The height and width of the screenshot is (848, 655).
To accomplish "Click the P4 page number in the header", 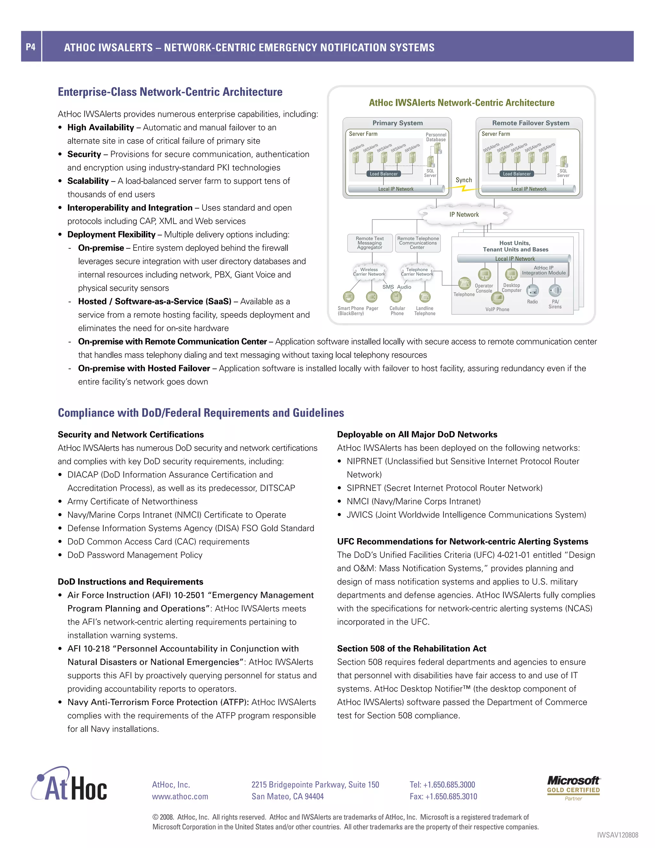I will (31, 47).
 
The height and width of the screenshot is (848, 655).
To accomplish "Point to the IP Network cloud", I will (464, 214).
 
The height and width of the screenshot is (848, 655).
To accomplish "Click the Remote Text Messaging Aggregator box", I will (370, 243).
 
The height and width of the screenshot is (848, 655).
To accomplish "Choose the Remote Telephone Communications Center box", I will (418, 243).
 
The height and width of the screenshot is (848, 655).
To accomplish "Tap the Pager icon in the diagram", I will (372, 297).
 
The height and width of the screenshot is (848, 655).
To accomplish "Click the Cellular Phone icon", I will (396, 297).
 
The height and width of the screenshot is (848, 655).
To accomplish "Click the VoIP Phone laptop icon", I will (497, 298).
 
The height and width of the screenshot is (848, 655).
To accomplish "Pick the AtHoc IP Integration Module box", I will (544, 270).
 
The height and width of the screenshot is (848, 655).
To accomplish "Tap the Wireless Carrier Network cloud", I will (369, 272).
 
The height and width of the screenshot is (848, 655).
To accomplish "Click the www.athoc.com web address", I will (180, 796).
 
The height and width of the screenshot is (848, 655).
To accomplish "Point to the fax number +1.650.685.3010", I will (443, 796).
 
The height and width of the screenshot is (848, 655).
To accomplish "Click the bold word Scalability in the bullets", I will (88, 181).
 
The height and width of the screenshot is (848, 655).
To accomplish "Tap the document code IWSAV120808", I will (617, 835).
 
